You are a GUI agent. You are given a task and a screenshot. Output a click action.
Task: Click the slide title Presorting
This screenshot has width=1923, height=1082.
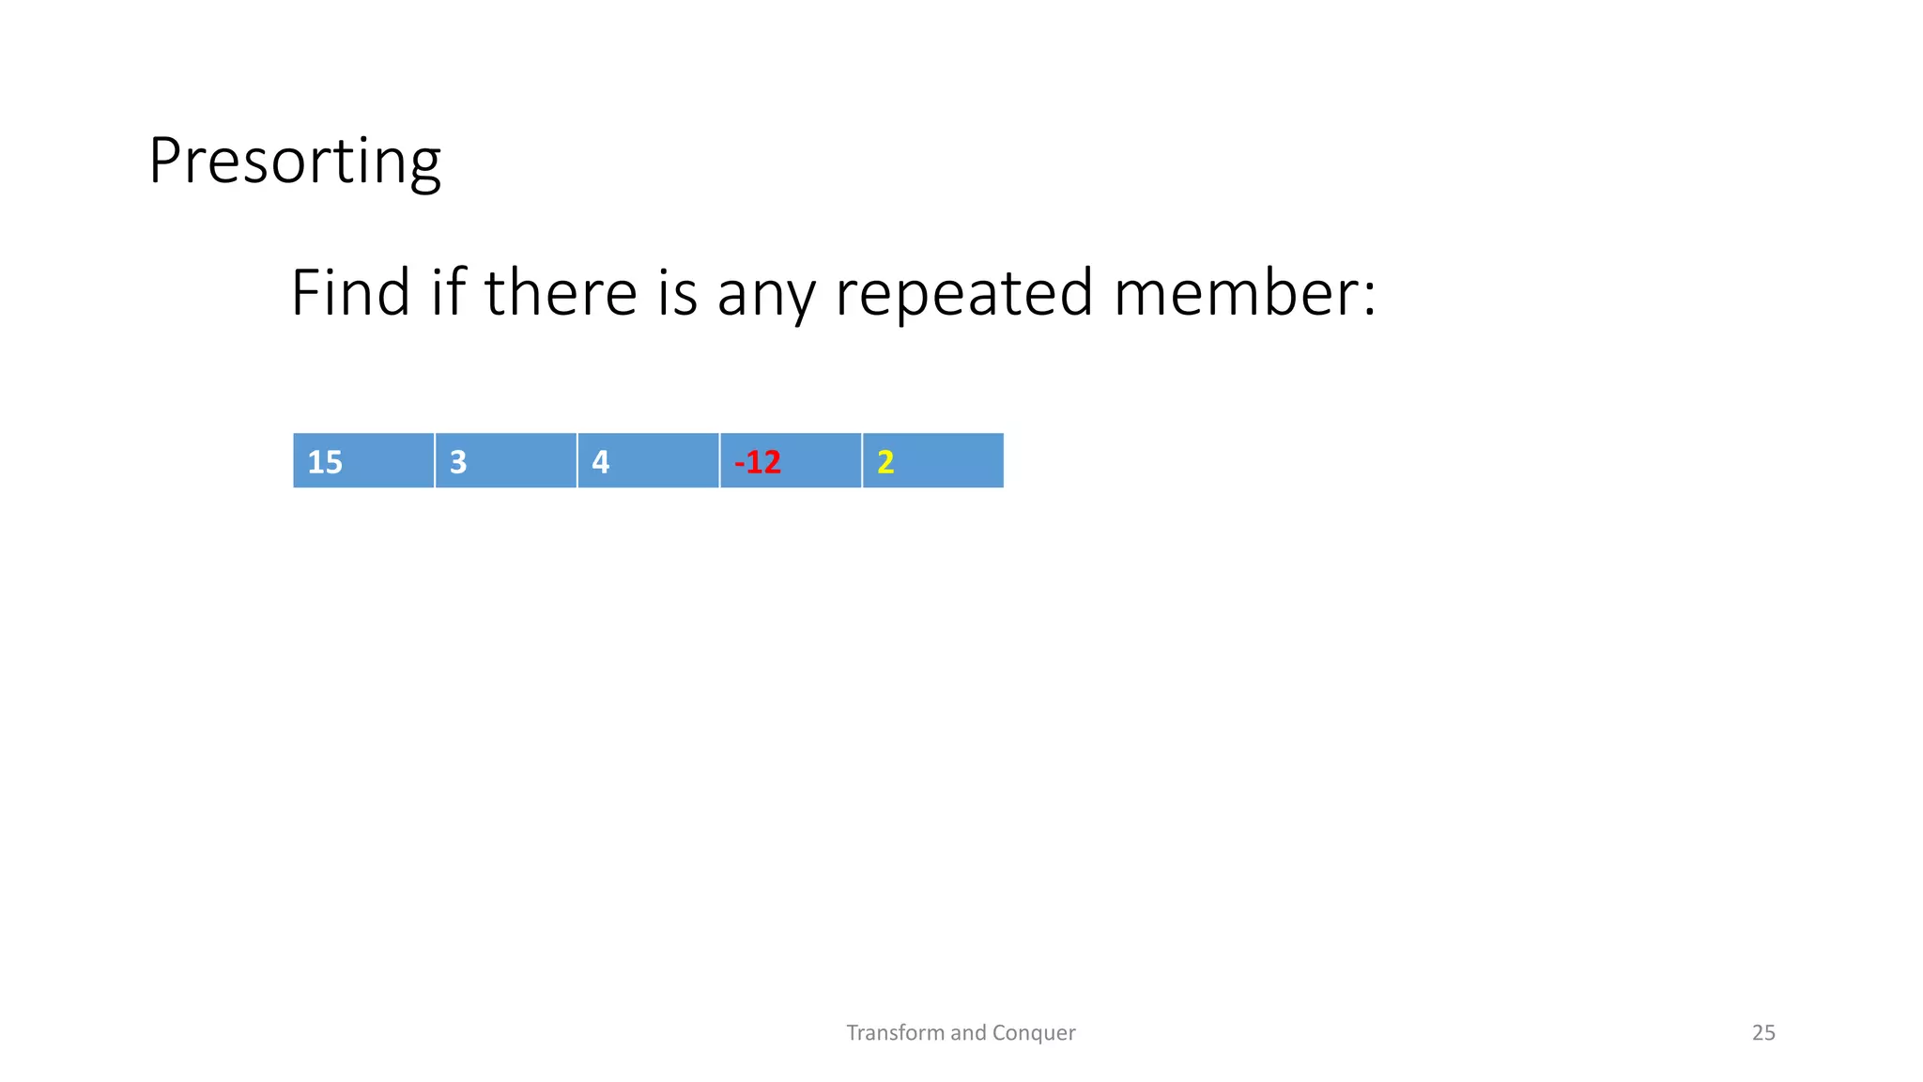[294, 162]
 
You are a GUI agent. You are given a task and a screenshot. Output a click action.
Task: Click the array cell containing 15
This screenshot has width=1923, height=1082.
[364, 460]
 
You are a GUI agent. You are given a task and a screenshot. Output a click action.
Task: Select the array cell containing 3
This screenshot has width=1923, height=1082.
[506, 460]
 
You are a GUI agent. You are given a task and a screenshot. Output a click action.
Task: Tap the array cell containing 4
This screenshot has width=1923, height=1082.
[648, 460]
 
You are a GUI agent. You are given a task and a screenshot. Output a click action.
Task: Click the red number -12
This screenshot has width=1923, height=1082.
[758, 462]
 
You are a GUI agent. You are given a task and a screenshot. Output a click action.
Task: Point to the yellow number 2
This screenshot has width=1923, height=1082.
[885, 462]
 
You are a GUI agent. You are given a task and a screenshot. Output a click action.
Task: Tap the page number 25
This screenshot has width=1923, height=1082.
[1763, 1033]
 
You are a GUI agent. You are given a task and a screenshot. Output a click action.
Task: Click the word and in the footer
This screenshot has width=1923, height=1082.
[968, 1033]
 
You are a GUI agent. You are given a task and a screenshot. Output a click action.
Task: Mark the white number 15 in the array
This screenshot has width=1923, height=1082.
[325, 462]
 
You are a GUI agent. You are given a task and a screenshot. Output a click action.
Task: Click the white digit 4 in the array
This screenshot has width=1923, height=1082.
[601, 462]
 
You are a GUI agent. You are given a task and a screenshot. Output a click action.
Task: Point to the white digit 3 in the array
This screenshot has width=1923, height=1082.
[458, 462]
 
